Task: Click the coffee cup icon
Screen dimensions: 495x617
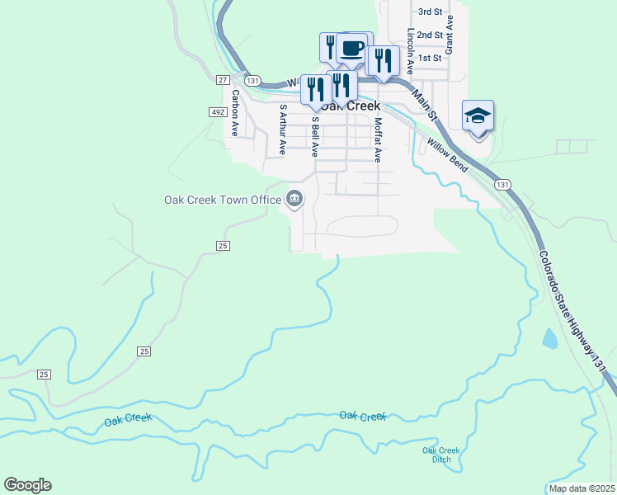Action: [353, 47]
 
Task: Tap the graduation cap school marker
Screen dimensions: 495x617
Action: [478, 115]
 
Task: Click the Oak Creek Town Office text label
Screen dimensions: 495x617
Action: [222, 200]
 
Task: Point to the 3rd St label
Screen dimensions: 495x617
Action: [430, 12]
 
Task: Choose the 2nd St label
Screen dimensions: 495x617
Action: [430, 35]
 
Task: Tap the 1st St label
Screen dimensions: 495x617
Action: [430, 58]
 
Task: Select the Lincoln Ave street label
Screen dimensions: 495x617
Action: [410, 51]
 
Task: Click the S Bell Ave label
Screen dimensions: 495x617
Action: [314, 136]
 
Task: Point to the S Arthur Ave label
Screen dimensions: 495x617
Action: [283, 129]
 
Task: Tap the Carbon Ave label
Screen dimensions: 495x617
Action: [235, 113]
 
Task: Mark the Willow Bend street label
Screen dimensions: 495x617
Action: [448, 155]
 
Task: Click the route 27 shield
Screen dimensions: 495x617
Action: [223, 79]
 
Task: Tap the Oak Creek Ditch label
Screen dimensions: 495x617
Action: [440, 455]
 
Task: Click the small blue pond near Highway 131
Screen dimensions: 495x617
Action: [549, 337]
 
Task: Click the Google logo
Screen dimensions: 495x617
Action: [27, 485]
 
